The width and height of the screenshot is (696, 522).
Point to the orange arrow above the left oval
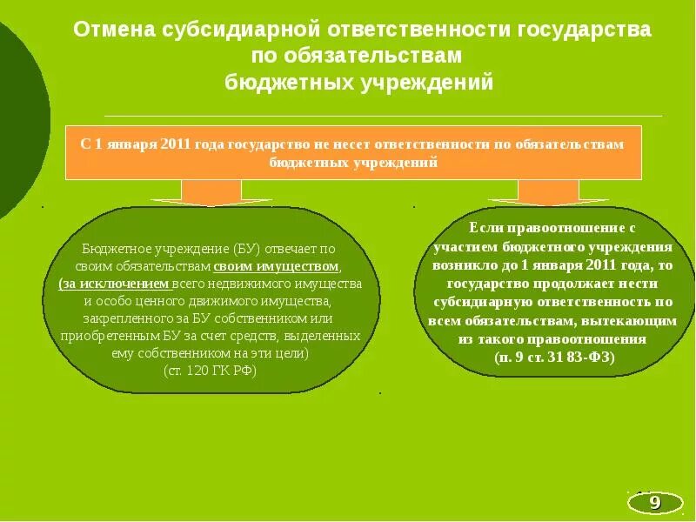[x=212, y=191]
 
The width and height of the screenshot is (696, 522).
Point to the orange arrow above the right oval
[x=548, y=191]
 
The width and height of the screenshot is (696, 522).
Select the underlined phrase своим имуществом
[x=277, y=266]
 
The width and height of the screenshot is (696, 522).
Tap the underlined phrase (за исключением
[x=115, y=284]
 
